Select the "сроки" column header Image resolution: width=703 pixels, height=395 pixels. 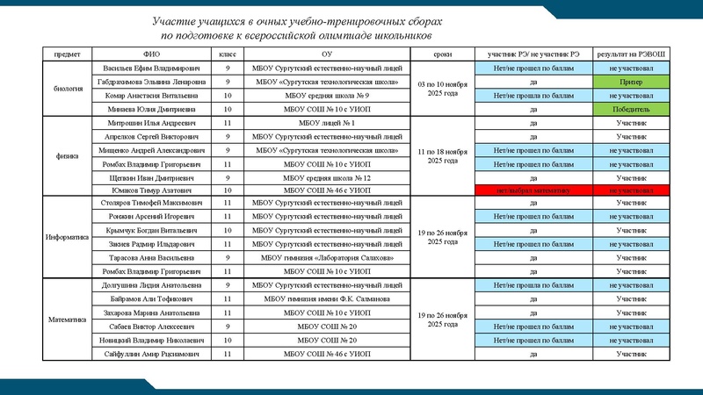coord(443,54)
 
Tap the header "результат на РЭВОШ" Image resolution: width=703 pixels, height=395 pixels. coord(630,54)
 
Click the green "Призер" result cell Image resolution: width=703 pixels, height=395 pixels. coord(630,81)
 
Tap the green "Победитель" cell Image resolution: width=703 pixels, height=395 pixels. coord(630,109)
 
